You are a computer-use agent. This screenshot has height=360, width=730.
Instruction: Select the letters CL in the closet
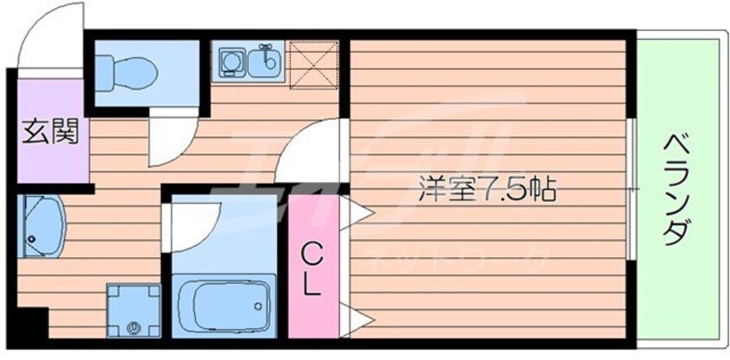313,268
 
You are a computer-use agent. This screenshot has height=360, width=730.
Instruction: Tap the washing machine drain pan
133,310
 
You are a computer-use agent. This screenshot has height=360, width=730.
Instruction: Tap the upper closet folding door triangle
355,211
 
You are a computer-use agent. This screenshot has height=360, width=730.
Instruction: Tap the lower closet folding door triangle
355,318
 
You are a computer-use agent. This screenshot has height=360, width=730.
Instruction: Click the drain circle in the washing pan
133,327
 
